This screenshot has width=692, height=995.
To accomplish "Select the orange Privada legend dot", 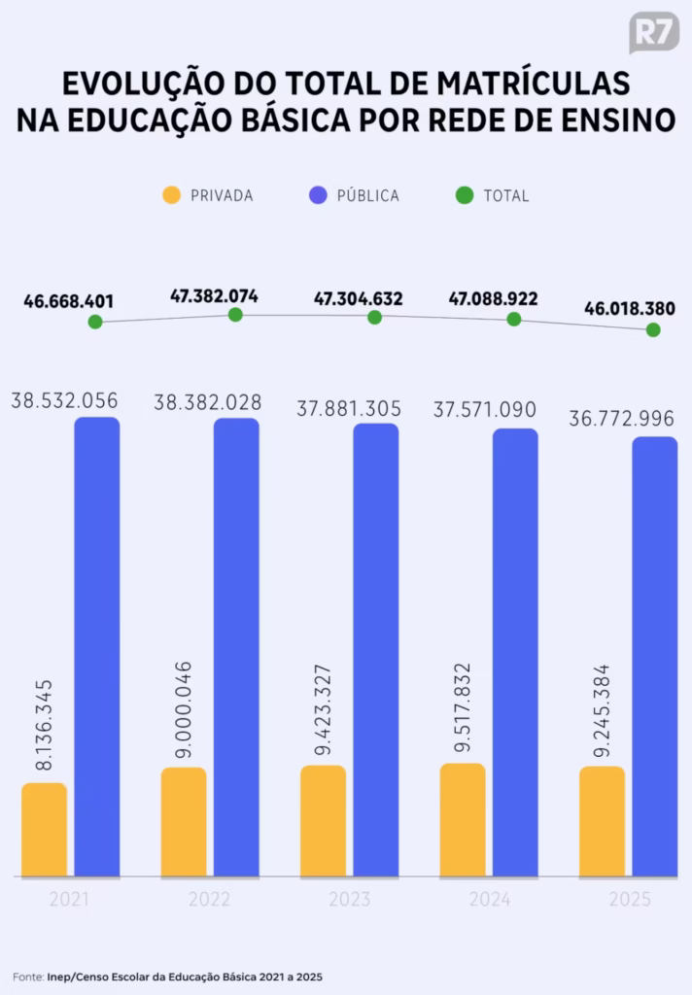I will pos(171,195).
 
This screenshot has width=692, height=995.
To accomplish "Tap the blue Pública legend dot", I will pos(318,195).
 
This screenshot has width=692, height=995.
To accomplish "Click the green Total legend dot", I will pos(465,195).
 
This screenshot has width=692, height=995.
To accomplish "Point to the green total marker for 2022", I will pos(235,314).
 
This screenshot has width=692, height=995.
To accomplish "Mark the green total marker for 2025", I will pos(653,329).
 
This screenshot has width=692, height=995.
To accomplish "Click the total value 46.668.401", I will pos(68,301).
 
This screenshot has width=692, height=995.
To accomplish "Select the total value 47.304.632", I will pos(358,298).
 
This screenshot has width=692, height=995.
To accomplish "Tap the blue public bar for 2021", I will pos(97,646).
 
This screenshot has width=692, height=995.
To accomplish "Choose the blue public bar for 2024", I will pos(515,651).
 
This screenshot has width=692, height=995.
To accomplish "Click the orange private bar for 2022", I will pos(184,821).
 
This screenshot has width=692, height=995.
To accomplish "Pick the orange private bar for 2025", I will pos(602,821).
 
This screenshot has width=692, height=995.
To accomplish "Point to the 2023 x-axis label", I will pos(349,900).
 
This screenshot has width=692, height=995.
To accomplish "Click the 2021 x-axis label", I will pos(70,900).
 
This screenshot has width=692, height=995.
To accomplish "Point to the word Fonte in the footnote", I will pos(27,976).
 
